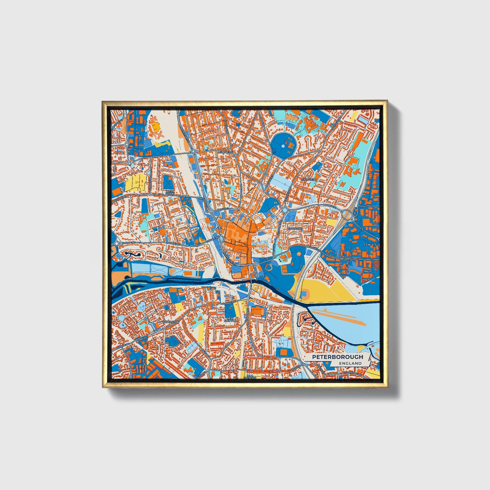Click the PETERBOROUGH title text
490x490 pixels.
tap(337, 357)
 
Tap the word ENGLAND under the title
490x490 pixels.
tap(350, 363)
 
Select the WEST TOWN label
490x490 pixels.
tap(170, 192)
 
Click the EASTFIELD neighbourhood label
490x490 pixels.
tap(309, 179)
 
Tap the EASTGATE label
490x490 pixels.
tap(295, 229)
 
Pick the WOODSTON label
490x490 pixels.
tap(170, 321)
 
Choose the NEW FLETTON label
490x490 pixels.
tap(231, 319)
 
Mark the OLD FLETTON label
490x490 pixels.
tap(250, 377)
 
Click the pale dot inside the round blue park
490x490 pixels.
tap(283, 146)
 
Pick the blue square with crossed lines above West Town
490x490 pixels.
tap(169, 182)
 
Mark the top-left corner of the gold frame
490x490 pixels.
tap(102, 101)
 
